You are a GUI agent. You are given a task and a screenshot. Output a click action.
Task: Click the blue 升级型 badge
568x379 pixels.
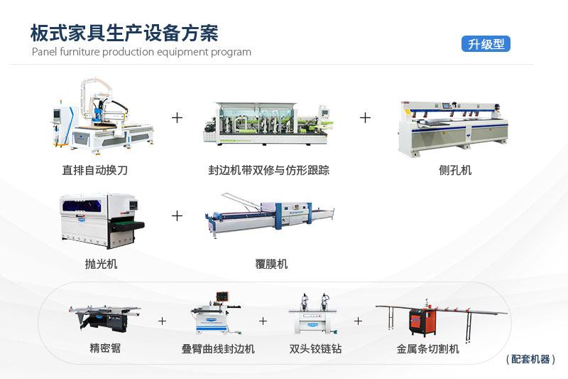[x=486, y=44]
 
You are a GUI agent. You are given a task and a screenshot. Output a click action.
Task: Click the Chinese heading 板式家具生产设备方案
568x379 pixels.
[x=124, y=33]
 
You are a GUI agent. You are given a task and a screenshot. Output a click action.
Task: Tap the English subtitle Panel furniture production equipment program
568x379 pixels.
[x=141, y=52]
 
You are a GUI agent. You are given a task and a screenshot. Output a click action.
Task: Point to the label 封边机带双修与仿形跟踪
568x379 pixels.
[x=268, y=171]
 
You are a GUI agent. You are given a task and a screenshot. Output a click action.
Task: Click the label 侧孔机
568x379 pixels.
[x=455, y=171]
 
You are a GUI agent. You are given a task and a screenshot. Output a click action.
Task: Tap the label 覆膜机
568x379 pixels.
[x=271, y=264]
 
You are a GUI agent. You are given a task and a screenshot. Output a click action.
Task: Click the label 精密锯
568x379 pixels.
[x=105, y=349]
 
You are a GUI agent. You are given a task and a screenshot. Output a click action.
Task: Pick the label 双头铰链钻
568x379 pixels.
[x=315, y=349]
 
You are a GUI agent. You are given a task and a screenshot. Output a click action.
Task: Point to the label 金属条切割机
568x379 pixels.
[x=427, y=349]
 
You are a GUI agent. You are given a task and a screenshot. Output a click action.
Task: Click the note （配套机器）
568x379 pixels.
[x=530, y=360]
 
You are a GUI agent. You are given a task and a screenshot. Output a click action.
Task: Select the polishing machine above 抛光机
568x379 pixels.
[x=101, y=220]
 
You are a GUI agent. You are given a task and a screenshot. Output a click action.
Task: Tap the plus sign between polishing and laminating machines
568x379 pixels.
[x=177, y=215]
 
